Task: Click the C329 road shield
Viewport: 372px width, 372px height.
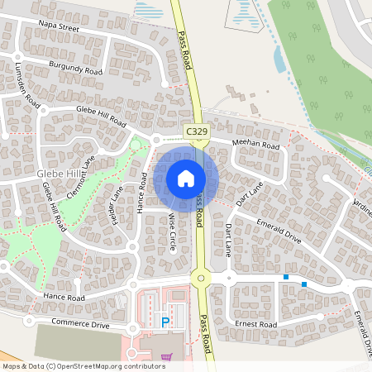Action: [197, 131]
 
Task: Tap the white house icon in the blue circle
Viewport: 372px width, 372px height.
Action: [186, 179]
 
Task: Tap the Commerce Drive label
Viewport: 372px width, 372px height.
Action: [80, 324]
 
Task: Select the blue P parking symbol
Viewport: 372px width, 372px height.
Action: [165, 322]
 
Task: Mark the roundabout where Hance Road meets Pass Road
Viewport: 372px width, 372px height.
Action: [199, 279]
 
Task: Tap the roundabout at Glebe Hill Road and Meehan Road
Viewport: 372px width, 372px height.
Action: [155, 140]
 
